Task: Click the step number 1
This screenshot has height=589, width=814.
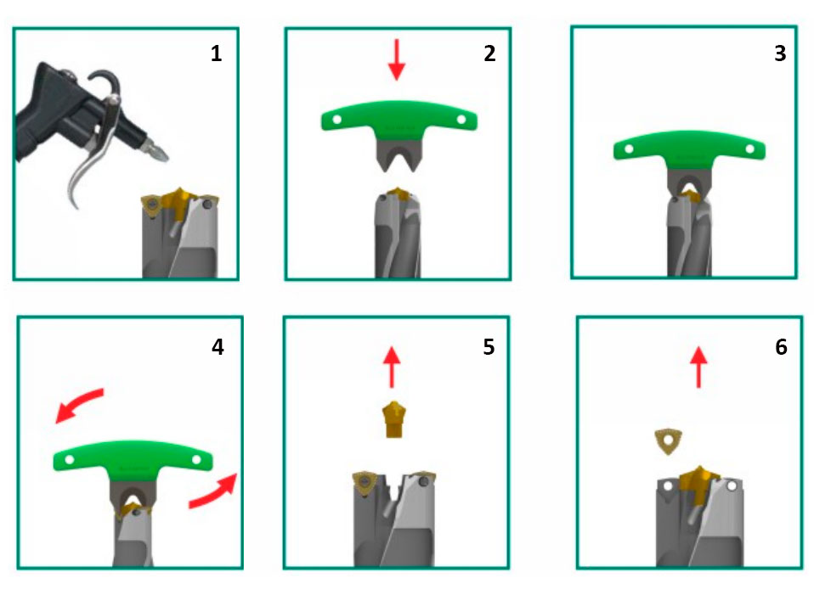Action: pos(217,53)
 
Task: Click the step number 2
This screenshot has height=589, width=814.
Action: pos(489,53)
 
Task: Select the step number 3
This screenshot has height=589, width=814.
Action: pos(780,53)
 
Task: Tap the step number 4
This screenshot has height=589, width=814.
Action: pos(218,347)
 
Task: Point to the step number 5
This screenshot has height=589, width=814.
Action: pos(489,347)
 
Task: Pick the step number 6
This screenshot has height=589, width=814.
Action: pos(781,347)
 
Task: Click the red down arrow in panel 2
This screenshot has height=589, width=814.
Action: pos(397,59)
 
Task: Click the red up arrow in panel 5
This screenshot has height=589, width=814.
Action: pos(392,367)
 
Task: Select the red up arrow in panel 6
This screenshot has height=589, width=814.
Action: pos(698,367)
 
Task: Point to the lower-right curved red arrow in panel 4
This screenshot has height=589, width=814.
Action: pos(212,491)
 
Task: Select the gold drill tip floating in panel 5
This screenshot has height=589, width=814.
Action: pos(393,419)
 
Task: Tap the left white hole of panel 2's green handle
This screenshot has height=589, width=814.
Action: pos(336,120)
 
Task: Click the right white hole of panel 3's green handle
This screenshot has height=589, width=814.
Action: pos(749,149)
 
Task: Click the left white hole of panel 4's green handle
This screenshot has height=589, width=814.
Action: pos(69,459)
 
